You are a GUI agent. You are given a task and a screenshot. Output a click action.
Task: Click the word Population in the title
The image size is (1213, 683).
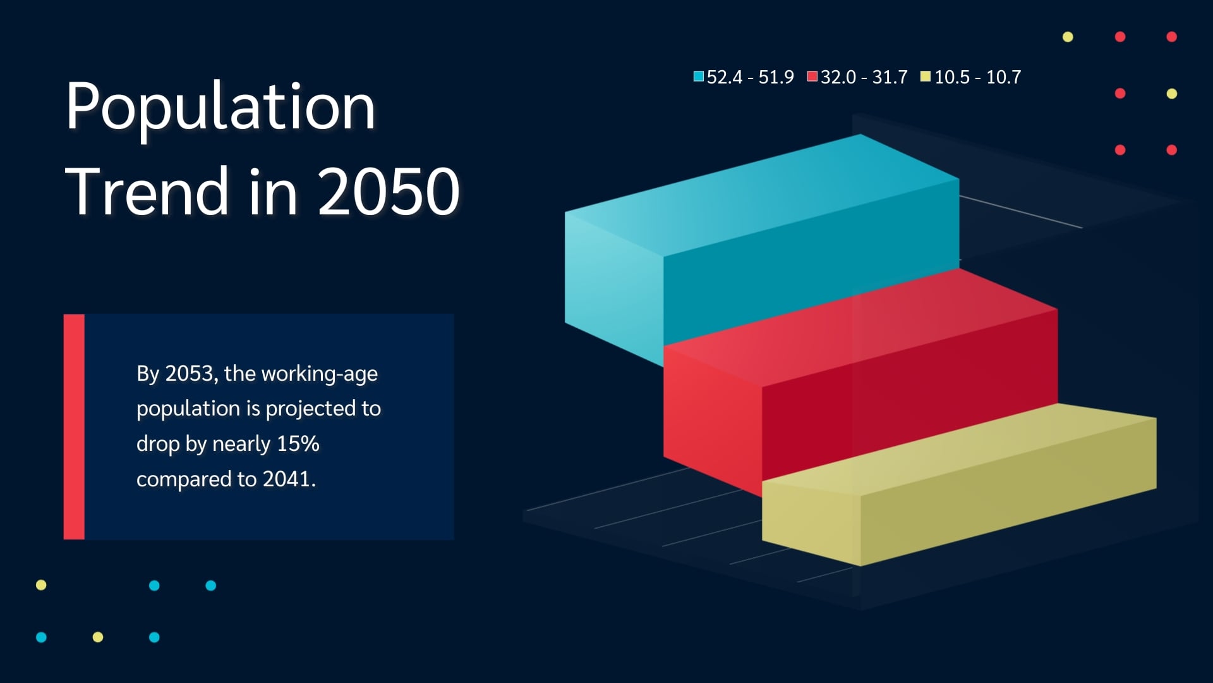(220, 108)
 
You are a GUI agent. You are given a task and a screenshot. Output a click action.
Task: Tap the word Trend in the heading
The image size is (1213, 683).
(147, 191)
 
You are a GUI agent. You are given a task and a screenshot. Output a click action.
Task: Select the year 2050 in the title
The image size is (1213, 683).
(389, 192)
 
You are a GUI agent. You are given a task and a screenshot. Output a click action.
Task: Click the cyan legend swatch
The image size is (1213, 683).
(699, 77)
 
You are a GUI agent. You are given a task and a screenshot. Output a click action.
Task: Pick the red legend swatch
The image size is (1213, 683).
(812, 77)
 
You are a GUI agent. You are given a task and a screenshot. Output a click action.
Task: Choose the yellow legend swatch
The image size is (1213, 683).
(926, 77)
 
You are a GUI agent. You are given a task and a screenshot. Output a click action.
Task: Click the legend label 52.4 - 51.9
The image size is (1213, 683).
(750, 77)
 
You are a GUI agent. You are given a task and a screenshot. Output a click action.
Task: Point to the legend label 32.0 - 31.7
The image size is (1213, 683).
(864, 77)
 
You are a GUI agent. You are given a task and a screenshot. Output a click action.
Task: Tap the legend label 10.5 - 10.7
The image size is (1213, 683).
(977, 77)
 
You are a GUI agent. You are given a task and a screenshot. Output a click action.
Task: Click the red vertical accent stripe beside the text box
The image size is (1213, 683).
(74, 427)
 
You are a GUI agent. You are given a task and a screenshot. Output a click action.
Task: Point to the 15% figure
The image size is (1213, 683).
(298, 444)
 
